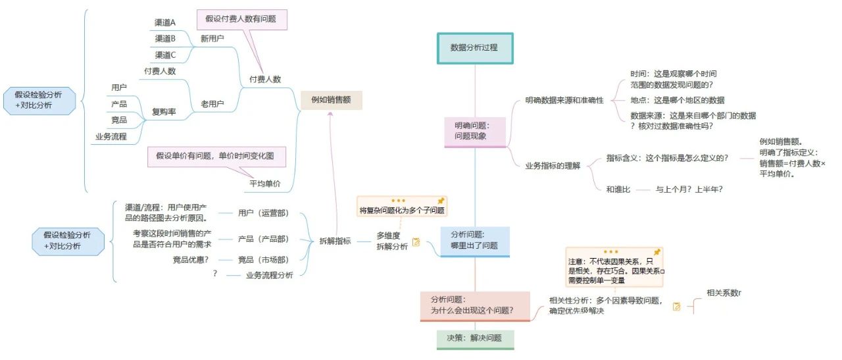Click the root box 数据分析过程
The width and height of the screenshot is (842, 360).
474,48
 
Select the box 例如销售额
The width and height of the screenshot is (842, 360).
331,100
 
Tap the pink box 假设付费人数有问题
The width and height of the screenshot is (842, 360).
241,19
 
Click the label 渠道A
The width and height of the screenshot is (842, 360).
165,22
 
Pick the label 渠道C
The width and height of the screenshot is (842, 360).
165,55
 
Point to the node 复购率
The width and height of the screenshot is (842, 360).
164,112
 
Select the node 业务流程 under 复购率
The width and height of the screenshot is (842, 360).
111,137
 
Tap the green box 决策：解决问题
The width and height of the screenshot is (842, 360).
475,338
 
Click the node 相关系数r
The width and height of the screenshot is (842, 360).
724,293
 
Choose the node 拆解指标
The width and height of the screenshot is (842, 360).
335,240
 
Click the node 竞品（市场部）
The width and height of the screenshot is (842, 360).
263,260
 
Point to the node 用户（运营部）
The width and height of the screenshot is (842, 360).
263,214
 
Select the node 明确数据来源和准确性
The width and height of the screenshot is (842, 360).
564,101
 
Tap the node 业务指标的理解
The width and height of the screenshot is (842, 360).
553,166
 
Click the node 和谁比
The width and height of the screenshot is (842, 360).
618,190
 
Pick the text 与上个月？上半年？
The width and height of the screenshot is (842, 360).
689,190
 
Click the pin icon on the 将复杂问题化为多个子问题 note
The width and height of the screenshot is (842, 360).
441,201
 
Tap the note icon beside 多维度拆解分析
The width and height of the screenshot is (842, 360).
416,242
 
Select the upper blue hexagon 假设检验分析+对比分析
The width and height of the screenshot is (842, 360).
39,100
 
